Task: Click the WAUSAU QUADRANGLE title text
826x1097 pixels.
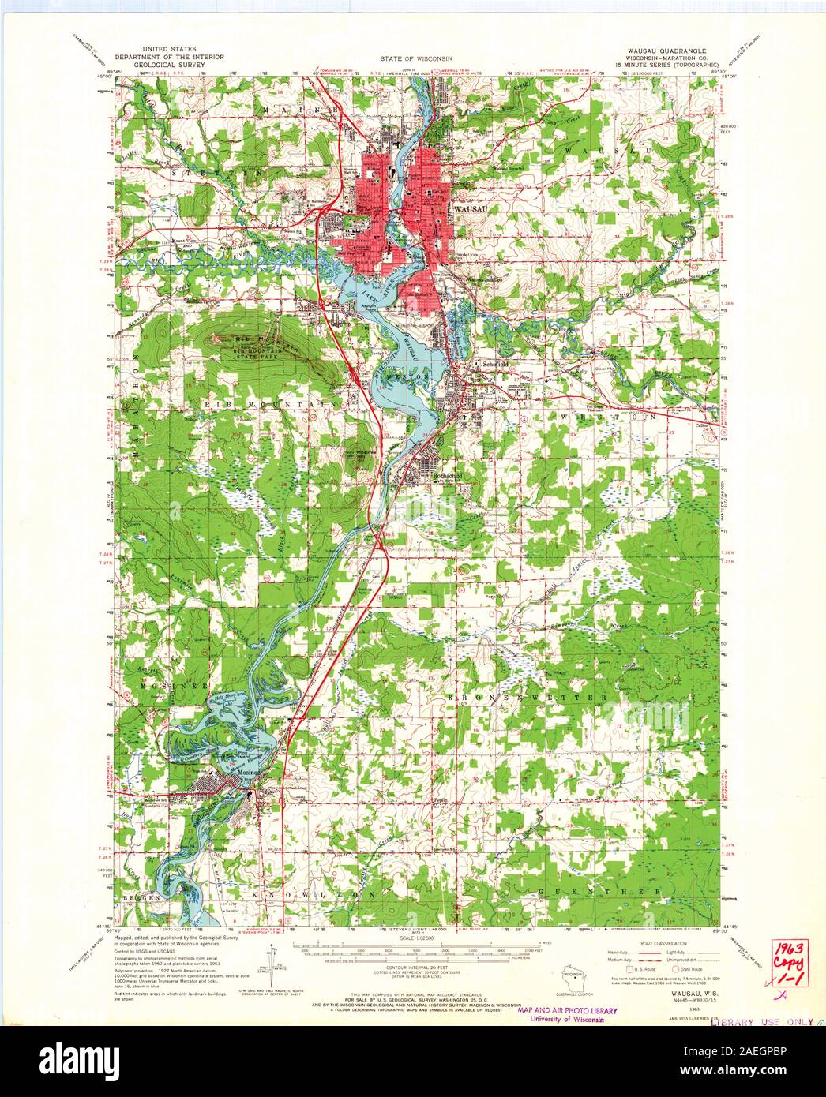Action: tap(668, 49)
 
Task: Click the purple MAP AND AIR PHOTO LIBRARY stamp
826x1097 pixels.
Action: tap(567, 1010)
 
